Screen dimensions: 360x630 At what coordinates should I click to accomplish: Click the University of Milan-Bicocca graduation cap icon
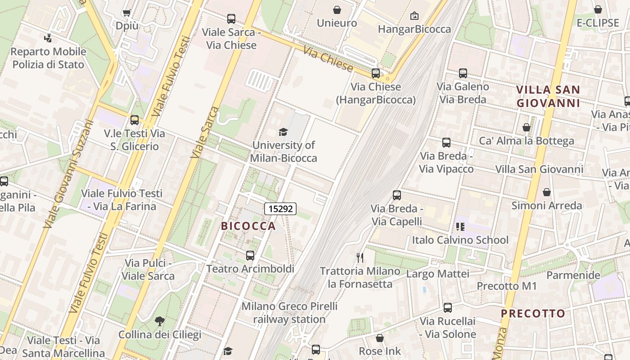pyautogui.click(x=283, y=132)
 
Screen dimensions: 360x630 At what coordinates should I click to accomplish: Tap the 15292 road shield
pyautogui.click(x=280, y=209)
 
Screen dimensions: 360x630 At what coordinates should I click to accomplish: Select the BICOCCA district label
pyautogui.click(x=248, y=226)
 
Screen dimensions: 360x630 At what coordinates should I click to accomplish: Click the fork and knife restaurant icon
pyautogui.click(x=360, y=257)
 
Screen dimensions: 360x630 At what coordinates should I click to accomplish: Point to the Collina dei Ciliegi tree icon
pyautogui.click(x=159, y=321)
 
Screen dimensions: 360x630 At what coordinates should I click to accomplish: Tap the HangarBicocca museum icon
pyautogui.click(x=414, y=16)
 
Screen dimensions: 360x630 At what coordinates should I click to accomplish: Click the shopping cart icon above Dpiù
pyautogui.click(x=126, y=13)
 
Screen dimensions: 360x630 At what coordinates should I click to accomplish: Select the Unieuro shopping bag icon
pyautogui.click(x=337, y=10)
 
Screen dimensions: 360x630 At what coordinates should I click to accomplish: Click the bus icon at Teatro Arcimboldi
pyautogui.click(x=250, y=256)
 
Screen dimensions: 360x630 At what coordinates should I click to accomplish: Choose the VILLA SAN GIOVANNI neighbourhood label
pyautogui.click(x=548, y=96)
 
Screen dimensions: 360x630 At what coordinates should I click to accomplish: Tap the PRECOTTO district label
pyautogui.click(x=533, y=314)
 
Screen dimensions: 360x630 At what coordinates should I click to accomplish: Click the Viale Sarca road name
pyautogui.click(x=204, y=132)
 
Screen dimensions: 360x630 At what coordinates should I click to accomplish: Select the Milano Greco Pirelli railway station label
pyautogui.click(x=289, y=313)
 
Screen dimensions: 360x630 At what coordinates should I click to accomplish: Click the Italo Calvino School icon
pyautogui.click(x=460, y=226)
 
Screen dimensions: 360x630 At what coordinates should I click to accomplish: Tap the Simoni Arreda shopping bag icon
pyautogui.click(x=547, y=193)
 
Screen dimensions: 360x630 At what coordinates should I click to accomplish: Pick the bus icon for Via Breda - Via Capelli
pyautogui.click(x=396, y=195)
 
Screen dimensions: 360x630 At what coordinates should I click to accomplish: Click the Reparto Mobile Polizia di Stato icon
pyautogui.click(x=48, y=38)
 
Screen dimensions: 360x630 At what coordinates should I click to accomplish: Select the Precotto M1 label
pyautogui.click(x=507, y=286)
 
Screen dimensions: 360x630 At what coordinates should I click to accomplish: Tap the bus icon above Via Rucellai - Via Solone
pyautogui.click(x=447, y=308)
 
